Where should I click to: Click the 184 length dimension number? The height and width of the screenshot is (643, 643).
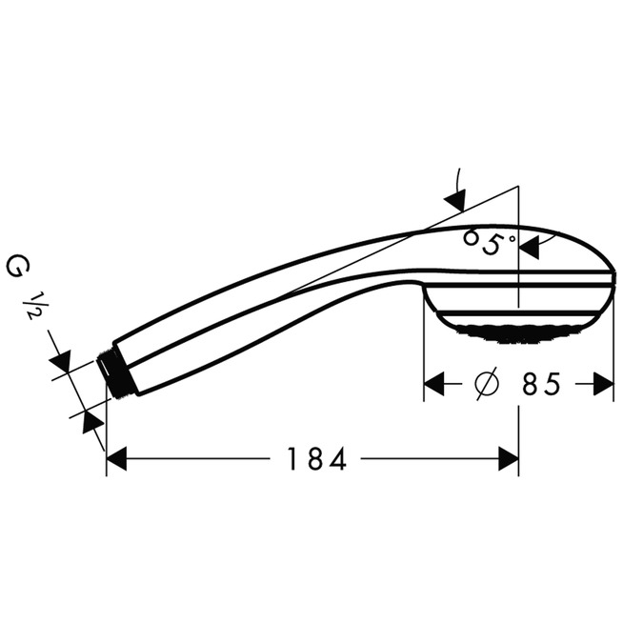[x=316, y=459]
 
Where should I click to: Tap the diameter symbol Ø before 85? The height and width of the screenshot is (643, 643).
[x=485, y=384]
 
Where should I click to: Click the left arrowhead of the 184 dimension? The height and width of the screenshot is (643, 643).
[x=116, y=459]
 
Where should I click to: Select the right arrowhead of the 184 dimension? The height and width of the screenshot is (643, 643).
[x=509, y=459]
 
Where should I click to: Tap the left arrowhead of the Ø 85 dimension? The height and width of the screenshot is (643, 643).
[x=434, y=384]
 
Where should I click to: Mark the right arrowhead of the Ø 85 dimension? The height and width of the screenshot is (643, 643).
[x=603, y=384]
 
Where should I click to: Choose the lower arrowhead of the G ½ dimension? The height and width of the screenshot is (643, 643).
[x=92, y=420]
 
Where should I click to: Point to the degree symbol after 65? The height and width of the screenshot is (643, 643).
[x=511, y=238]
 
